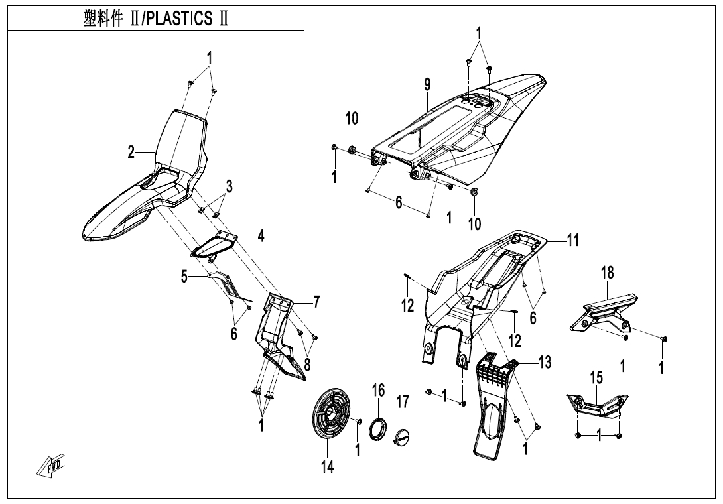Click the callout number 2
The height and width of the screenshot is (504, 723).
(132, 152)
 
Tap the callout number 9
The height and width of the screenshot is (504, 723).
(428, 84)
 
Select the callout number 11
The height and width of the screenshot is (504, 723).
(572, 241)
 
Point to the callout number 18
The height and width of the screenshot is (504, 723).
(607, 272)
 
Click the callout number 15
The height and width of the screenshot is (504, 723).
(596, 377)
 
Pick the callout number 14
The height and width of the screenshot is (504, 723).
(327, 467)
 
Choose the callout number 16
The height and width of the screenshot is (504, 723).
(378, 390)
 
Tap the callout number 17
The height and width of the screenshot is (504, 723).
(403, 402)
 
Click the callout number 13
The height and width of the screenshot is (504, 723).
(545, 362)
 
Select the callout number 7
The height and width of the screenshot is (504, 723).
(316, 303)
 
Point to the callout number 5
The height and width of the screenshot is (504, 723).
(184, 277)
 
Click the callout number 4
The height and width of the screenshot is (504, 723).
(261, 235)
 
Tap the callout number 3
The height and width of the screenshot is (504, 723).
(229, 187)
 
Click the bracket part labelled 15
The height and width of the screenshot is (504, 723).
(596, 405)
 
